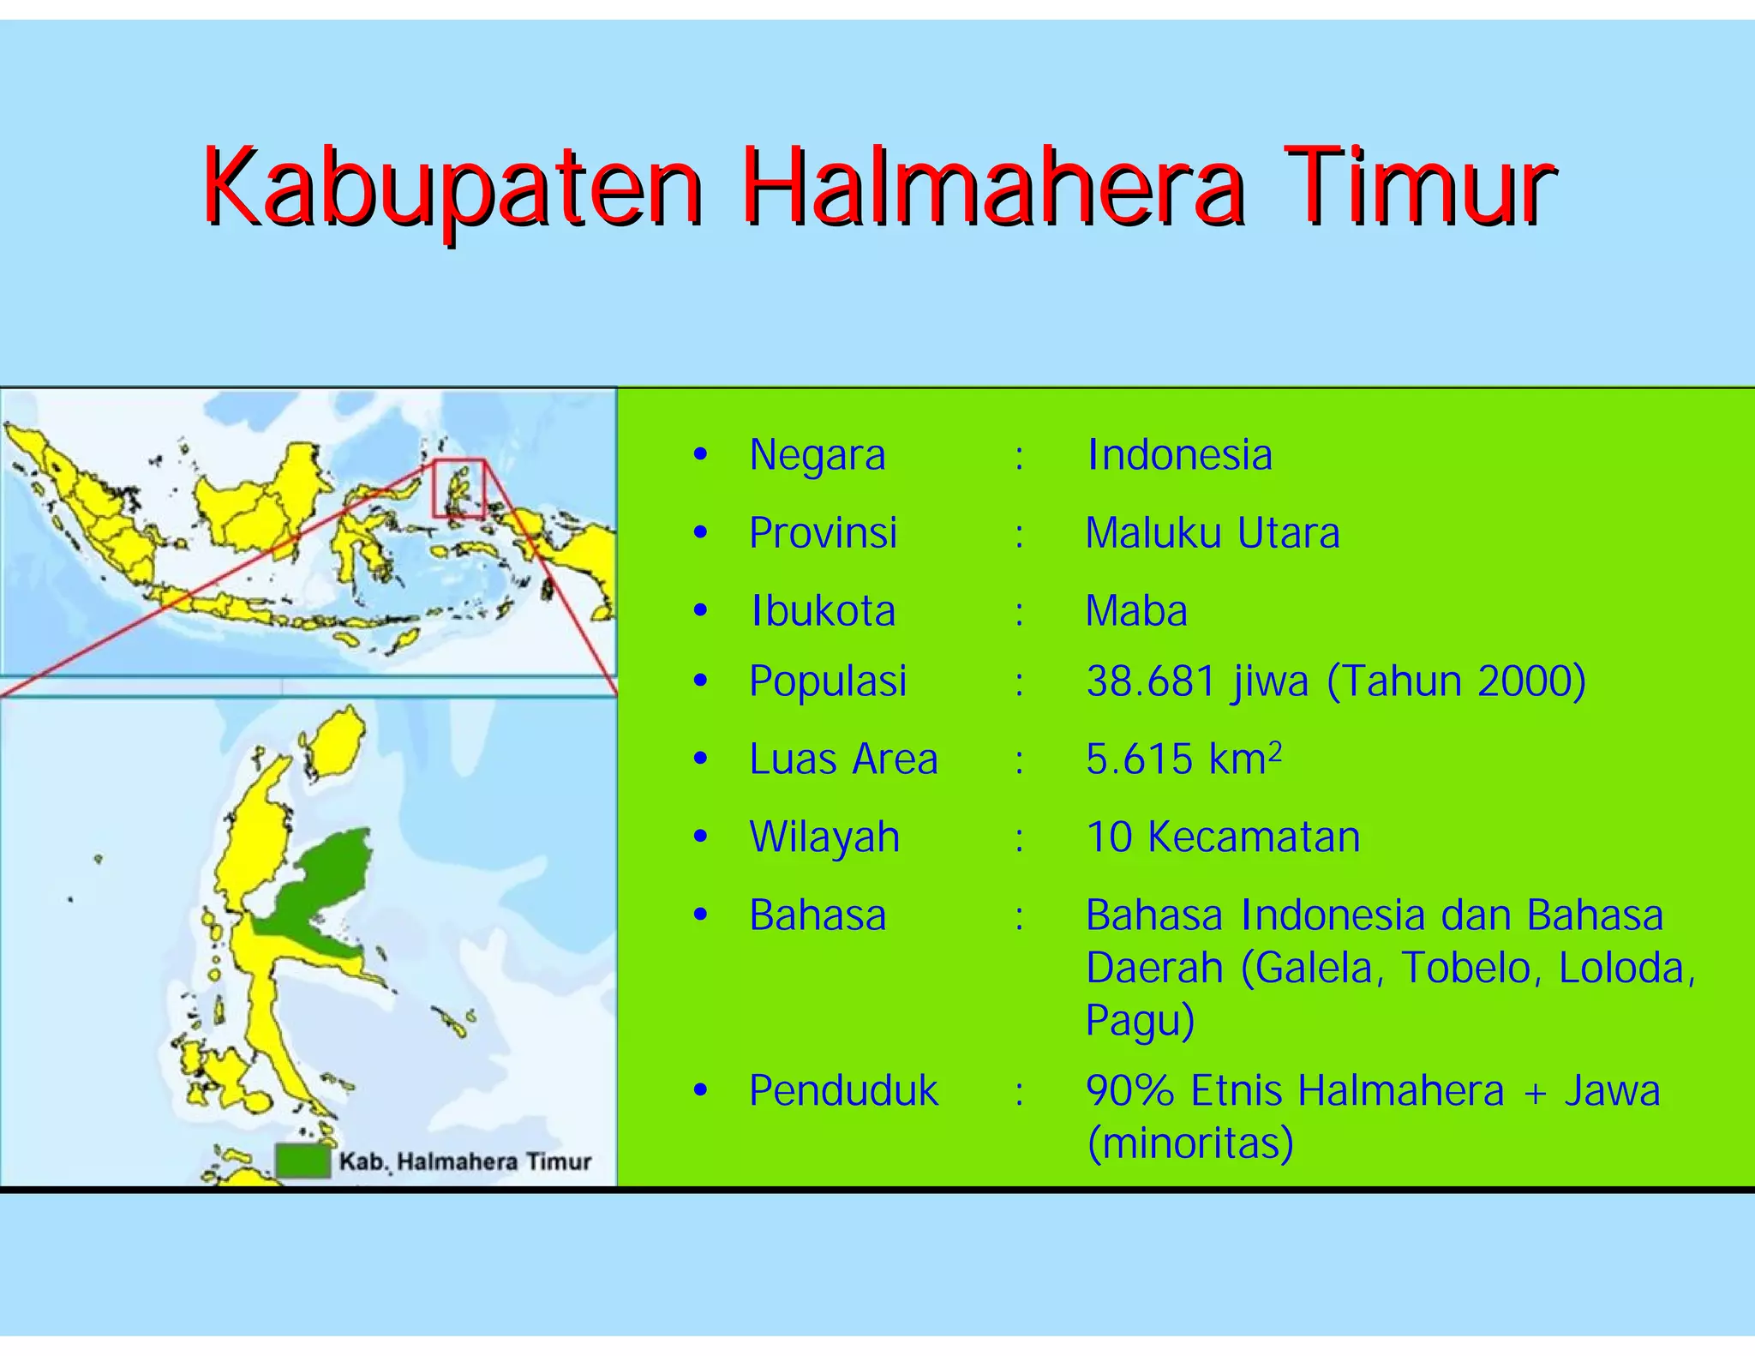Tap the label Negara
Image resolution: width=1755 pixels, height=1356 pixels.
[x=817, y=455]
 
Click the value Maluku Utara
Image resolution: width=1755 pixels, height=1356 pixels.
[x=1212, y=533]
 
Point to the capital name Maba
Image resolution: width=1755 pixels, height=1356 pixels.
[x=1136, y=611]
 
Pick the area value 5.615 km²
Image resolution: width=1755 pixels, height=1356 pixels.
[x=1183, y=759]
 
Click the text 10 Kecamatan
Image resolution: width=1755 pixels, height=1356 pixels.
[x=1223, y=837]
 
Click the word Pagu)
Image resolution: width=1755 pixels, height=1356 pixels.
[x=1140, y=1020]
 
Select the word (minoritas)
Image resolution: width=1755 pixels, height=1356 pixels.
[x=1189, y=1143]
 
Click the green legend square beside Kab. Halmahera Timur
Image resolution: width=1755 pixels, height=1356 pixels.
[x=302, y=1161]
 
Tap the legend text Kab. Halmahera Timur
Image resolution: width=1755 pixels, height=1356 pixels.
[x=465, y=1162]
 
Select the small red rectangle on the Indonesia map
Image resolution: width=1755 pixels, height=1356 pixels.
[x=458, y=489]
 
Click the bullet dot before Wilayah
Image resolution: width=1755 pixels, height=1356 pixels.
[x=701, y=837]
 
